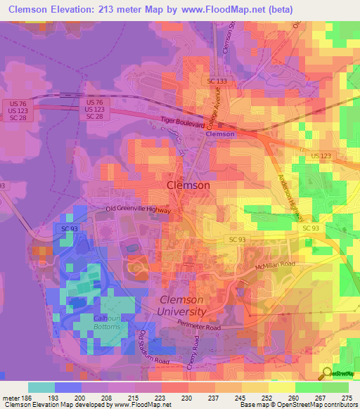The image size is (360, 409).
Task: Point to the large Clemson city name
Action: coord(188,185)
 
